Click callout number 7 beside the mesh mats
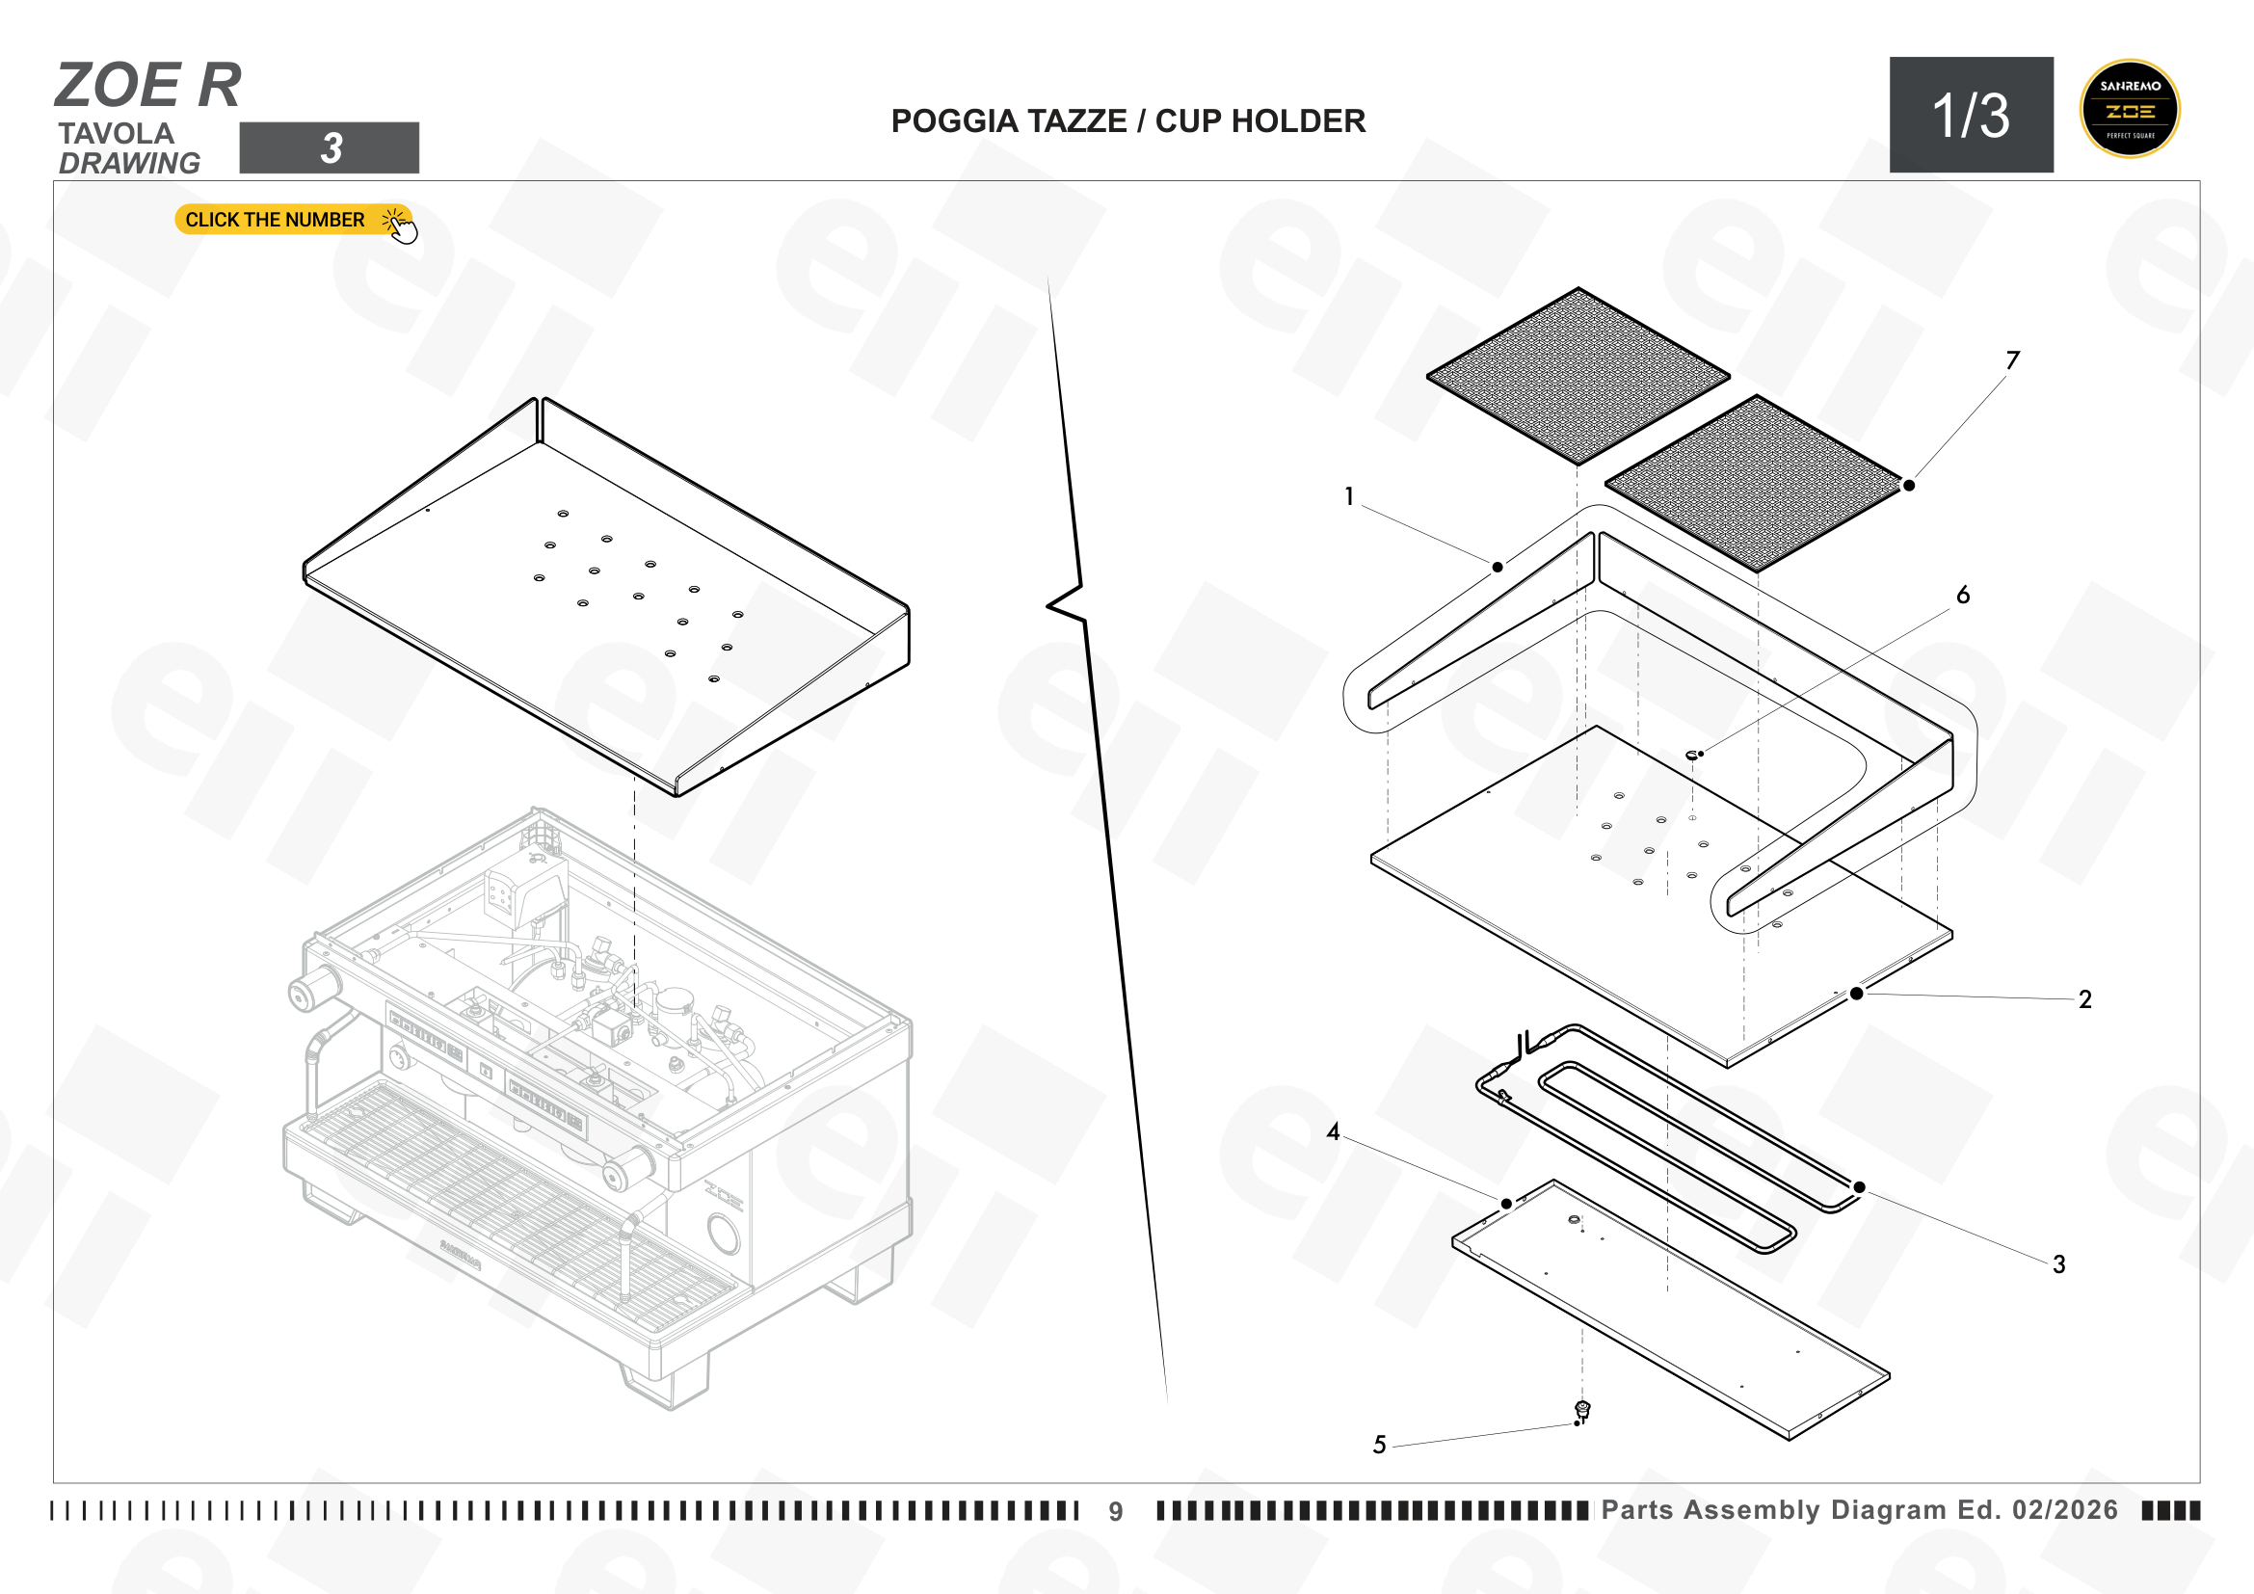click(2012, 360)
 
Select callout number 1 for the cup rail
click(1349, 496)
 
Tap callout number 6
click(1963, 595)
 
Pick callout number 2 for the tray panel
click(2085, 999)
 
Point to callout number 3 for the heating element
click(2058, 1264)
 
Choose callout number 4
click(1333, 1131)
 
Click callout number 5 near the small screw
click(1379, 1445)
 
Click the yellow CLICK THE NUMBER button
click(295, 220)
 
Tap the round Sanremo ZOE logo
click(2130, 109)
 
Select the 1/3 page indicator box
click(1972, 115)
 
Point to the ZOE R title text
click(148, 85)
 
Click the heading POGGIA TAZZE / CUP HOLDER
click(1128, 120)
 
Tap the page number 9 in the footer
click(1116, 1511)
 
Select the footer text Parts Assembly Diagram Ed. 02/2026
click(1859, 1509)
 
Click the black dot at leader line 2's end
click(1856, 994)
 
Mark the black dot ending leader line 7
click(1908, 485)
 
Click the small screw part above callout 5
click(1581, 1412)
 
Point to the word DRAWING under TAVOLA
click(129, 163)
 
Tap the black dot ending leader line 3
click(1859, 1187)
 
